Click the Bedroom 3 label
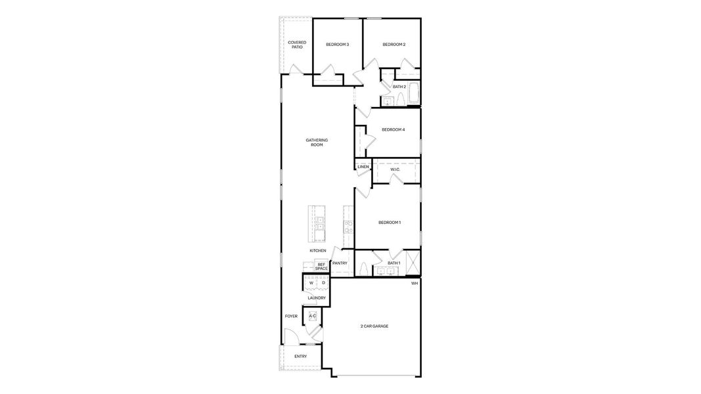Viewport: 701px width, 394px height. [337, 45]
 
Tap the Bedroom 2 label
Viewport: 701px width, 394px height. [394, 45]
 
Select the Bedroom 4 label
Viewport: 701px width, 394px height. [393, 129]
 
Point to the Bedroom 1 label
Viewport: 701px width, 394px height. [390, 223]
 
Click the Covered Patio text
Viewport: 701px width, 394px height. [297, 45]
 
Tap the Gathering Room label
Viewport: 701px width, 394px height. [317, 142]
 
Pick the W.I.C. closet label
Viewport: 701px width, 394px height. [395, 169]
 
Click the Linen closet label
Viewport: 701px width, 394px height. [363, 167]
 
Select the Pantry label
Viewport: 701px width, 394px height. [340, 263]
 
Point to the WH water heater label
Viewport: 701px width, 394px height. [414, 283]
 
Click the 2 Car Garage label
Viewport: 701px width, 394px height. [374, 326]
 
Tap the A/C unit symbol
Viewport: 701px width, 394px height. [313, 317]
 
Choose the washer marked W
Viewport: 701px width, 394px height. [311, 283]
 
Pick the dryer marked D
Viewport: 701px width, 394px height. [323, 283]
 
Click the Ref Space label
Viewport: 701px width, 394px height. [321, 266]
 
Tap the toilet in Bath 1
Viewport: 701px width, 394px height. [363, 269]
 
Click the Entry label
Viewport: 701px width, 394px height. [300, 357]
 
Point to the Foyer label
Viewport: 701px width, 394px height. [291, 317]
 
